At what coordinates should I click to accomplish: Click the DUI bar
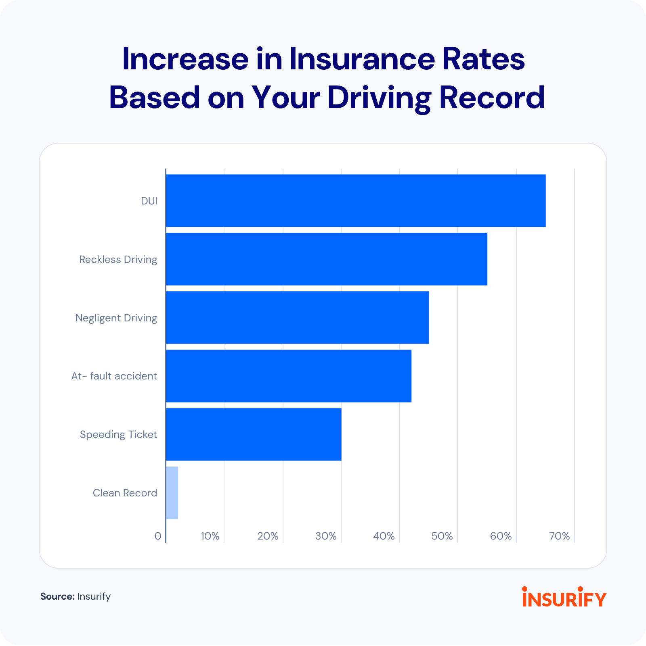click(355, 201)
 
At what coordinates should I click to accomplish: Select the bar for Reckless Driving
click(326, 259)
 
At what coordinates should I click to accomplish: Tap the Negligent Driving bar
click(297, 318)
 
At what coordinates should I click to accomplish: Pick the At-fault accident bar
click(288, 376)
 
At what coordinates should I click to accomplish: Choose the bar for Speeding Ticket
click(254, 434)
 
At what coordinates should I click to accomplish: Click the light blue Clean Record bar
click(172, 493)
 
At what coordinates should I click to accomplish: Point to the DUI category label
click(149, 201)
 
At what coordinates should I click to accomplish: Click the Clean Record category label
click(125, 493)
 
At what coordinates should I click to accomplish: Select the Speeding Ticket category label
click(118, 434)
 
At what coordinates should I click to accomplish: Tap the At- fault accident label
click(114, 376)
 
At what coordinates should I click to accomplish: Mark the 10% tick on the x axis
click(210, 536)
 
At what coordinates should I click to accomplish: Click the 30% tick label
click(326, 536)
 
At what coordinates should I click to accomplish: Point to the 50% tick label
click(442, 536)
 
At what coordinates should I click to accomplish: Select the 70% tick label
click(560, 536)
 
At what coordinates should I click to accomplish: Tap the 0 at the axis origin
click(158, 536)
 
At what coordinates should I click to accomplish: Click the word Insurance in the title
click(362, 59)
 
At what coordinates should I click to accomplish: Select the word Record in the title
click(492, 98)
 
